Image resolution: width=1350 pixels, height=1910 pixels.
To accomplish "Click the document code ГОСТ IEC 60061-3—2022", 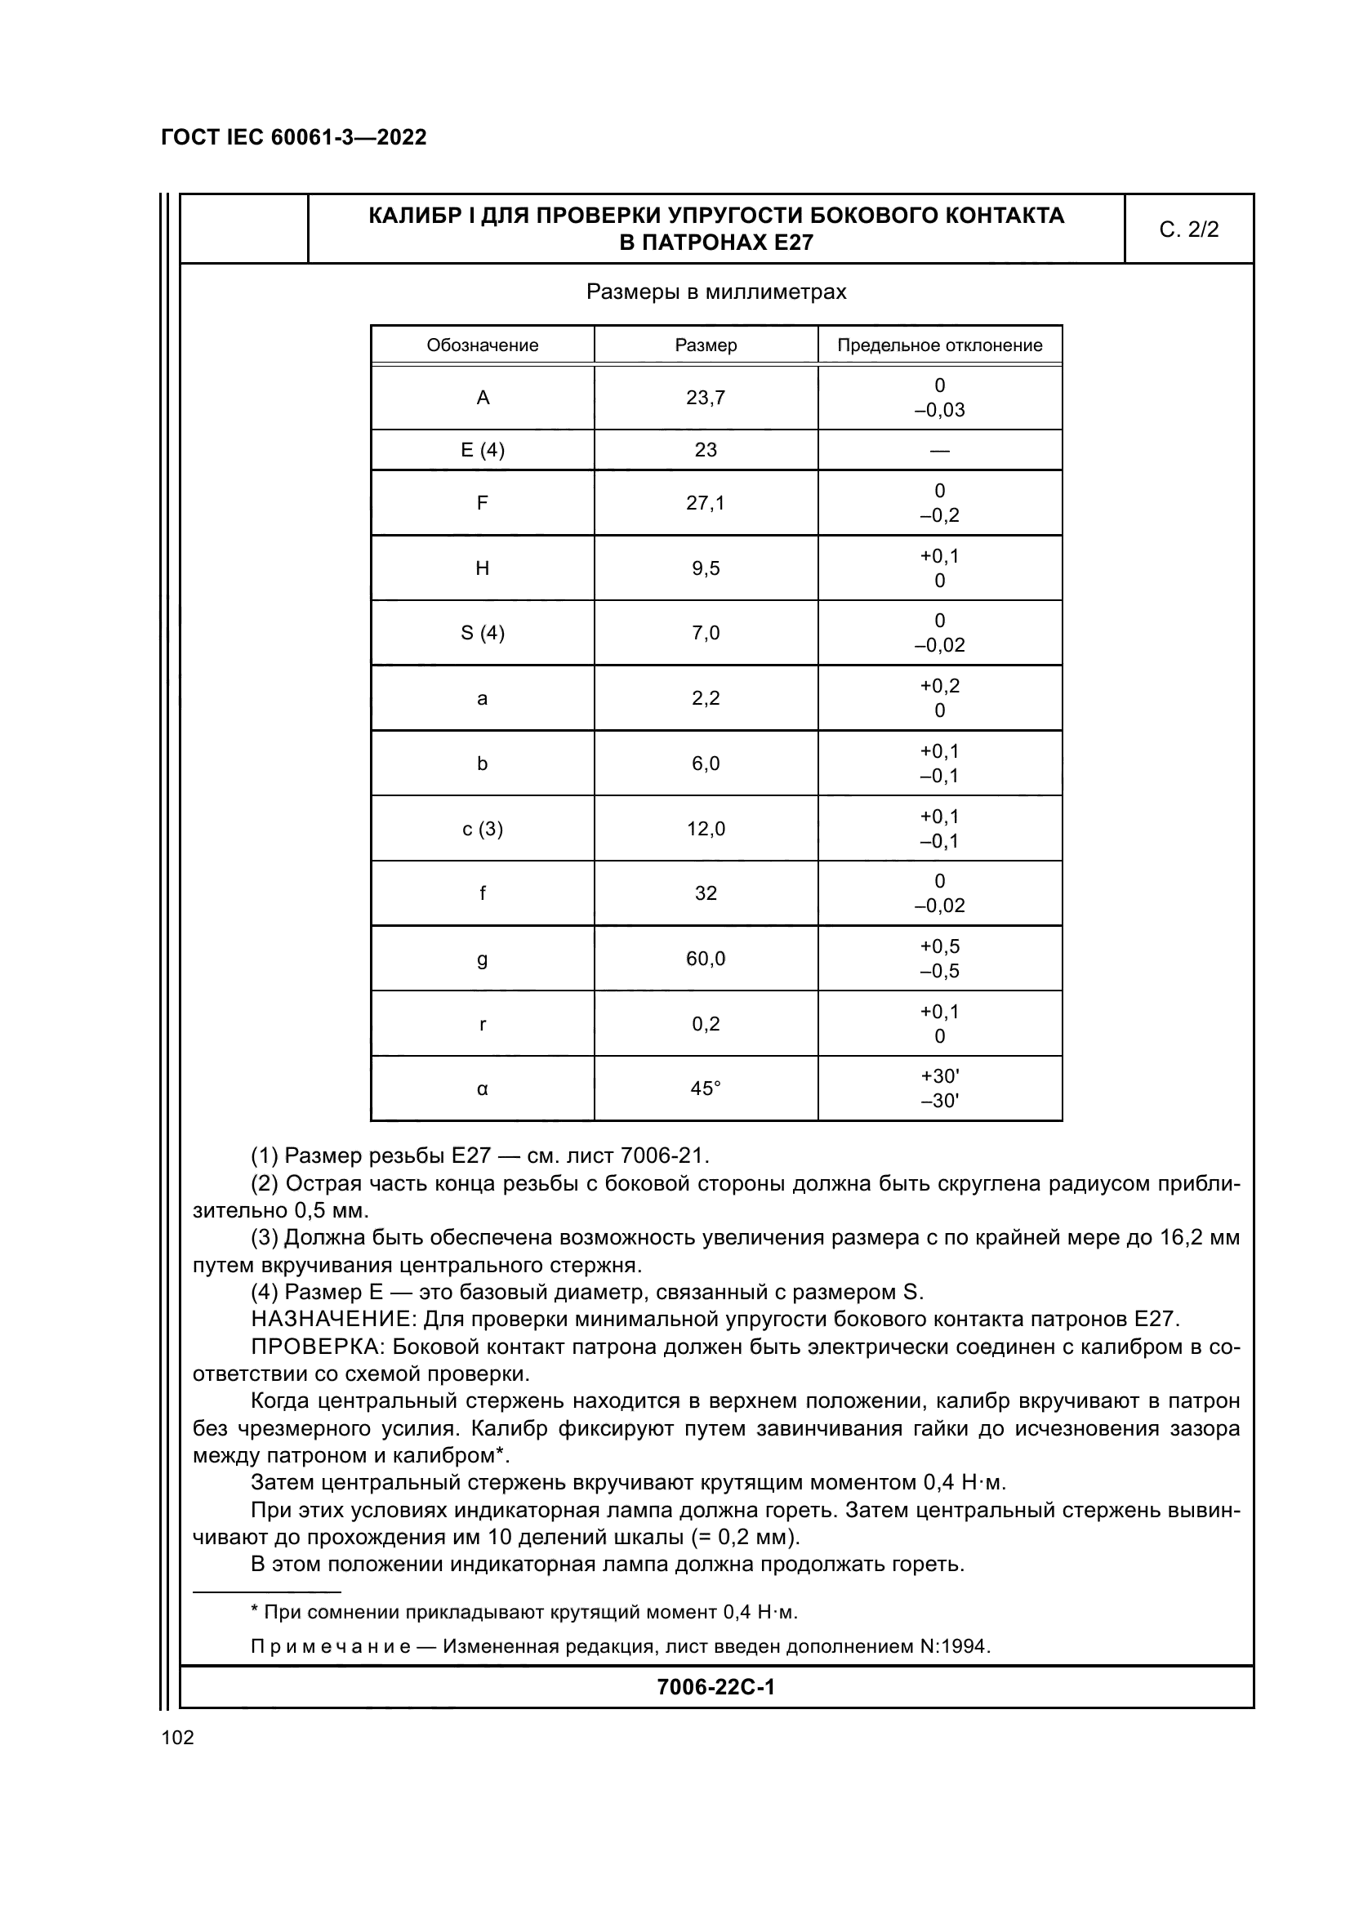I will [293, 137].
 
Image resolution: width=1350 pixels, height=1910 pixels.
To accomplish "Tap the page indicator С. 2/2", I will [1187, 229].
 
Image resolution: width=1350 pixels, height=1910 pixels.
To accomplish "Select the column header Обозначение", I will [483, 345].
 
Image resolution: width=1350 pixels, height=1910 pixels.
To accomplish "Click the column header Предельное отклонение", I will [939, 345].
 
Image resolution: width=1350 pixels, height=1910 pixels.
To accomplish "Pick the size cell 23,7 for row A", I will [706, 398].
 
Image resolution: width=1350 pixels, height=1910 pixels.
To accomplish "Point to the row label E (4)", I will [483, 450].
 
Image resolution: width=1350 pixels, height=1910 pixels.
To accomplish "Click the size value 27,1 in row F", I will [706, 502].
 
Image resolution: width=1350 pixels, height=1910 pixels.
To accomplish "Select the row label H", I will [483, 568].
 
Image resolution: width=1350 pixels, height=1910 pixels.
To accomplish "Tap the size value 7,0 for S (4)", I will [706, 633].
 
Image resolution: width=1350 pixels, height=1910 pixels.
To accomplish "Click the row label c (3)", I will [483, 829].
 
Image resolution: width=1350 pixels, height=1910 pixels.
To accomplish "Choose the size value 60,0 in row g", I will [706, 959].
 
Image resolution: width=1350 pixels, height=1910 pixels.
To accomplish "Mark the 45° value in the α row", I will [706, 1088].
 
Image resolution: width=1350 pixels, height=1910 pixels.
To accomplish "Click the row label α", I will [483, 1088].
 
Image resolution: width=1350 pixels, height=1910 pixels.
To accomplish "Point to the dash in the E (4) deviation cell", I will [939, 451].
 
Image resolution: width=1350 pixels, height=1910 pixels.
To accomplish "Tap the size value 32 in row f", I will [706, 893].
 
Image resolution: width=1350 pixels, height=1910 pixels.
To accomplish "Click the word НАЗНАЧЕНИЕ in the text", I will [332, 1320].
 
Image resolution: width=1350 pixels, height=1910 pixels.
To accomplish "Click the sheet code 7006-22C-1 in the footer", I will [715, 1687].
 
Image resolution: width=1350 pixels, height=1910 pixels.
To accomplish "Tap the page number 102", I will [177, 1738].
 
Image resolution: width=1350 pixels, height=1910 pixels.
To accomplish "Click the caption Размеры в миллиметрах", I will [715, 292].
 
